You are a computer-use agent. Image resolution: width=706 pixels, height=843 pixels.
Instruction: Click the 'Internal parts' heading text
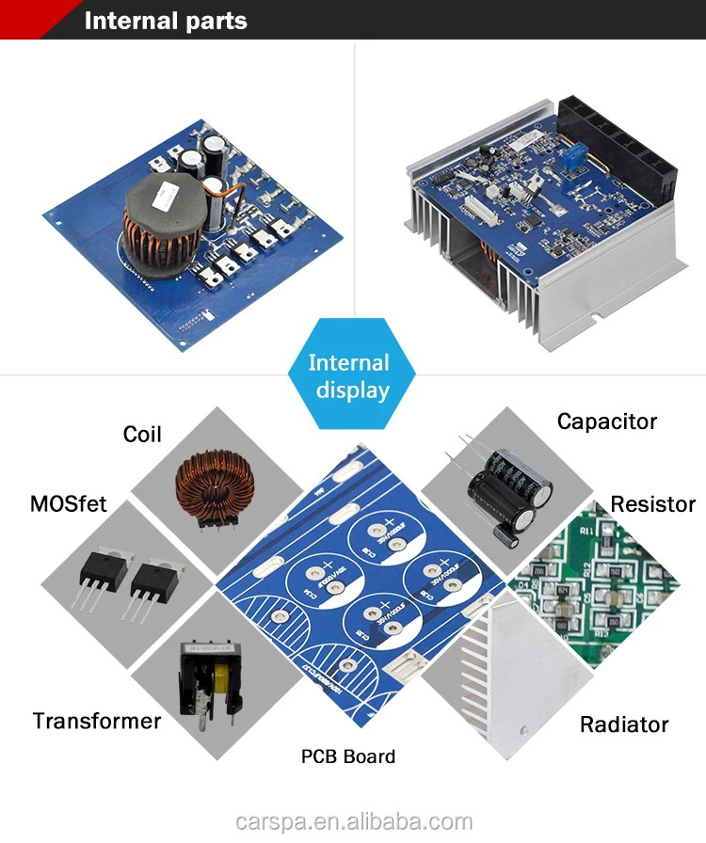pyautogui.click(x=166, y=21)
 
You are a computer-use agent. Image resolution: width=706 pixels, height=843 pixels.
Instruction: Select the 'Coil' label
pyautogui.click(x=142, y=434)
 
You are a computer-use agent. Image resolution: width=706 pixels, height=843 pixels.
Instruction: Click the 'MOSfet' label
pyautogui.click(x=68, y=503)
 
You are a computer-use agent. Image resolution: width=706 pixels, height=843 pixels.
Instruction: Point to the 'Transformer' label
pyautogui.click(x=97, y=721)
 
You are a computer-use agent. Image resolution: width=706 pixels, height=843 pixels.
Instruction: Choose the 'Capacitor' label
pyautogui.click(x=607, y=421)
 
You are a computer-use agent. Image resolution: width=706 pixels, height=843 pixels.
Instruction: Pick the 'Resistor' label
pyautogui.click(x=652, y=503)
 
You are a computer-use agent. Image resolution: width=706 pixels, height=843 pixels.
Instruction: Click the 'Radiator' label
pyautogui.click(x=623, y=724)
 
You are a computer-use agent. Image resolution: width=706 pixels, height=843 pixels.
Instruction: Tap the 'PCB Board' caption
pyautogui.click(x=348, y=756)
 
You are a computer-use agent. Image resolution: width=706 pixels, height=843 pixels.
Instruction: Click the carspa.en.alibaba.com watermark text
pyautogui.click(x=353, y=821)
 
